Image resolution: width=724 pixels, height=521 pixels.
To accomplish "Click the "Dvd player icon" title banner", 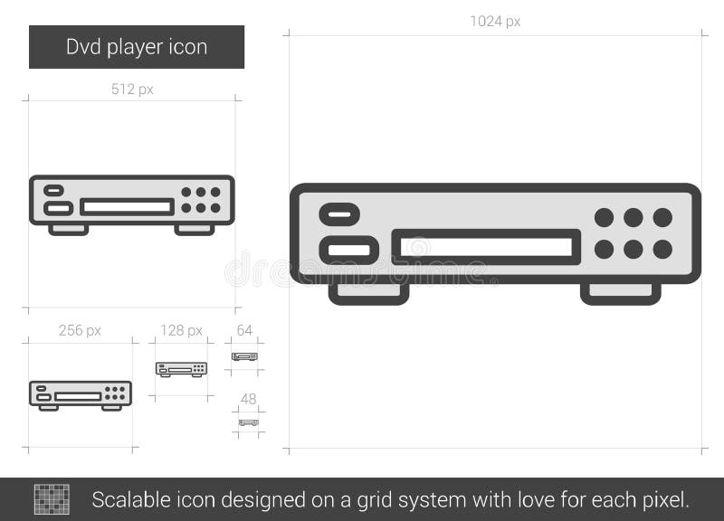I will [137, 47].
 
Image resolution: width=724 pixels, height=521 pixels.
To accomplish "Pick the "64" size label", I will [244, 330].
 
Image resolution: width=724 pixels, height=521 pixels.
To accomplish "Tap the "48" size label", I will [248, 399].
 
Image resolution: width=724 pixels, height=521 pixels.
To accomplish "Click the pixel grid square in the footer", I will [52, 499].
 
